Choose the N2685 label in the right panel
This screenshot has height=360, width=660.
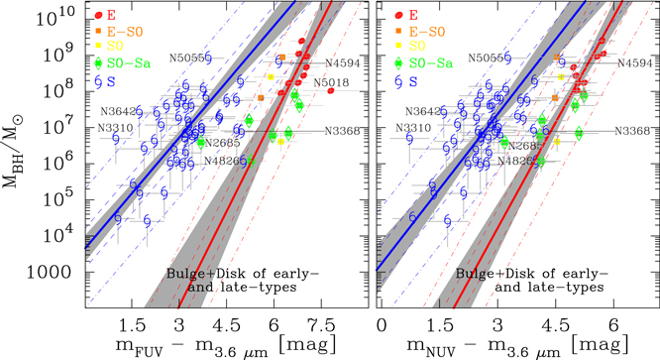click(x=522, y=145)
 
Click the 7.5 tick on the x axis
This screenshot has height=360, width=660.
click(x=319, y=325)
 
